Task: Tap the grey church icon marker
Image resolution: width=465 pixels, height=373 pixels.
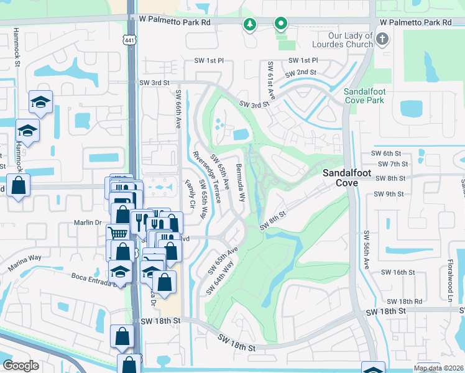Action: [382, 40]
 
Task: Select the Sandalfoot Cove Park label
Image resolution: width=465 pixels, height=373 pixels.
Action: [367, 95]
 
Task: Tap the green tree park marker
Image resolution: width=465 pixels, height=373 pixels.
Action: [249, 24]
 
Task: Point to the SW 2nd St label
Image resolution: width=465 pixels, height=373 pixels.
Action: [301, 73]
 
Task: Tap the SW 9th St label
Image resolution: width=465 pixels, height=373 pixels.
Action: [390, 194]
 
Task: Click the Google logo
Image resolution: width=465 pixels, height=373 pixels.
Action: [21, 366]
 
